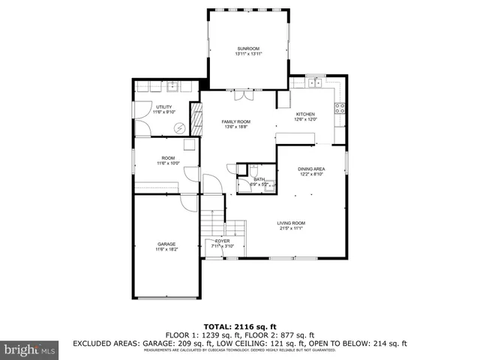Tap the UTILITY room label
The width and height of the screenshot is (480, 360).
click(163, 107)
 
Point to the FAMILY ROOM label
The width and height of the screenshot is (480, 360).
click(235, 121)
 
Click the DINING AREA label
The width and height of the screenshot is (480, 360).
click(311, 169)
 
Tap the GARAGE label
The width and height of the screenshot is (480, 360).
click(166, 244)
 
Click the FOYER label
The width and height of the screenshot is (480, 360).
click(222, 241)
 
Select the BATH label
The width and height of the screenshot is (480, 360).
click(259, 178)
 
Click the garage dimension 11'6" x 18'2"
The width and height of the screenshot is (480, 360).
click(166, 250)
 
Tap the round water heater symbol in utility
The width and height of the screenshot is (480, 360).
click(180, 127)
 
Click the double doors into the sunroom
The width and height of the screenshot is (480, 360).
click(244, 95)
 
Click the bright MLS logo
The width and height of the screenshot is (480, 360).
click(30, 349)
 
